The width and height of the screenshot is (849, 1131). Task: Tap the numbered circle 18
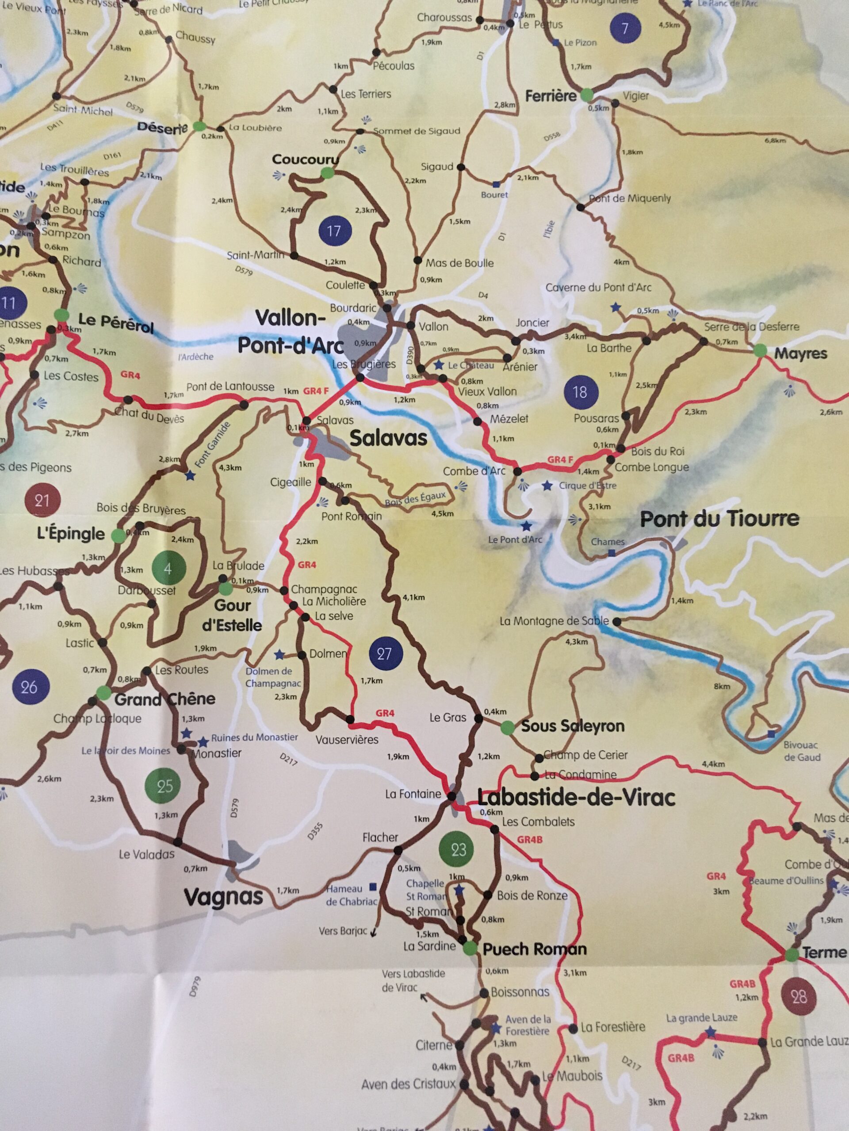click(579, 392)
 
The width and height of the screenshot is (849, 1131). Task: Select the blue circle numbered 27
click(384, 654)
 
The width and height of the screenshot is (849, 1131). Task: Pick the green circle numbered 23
click(458, 849)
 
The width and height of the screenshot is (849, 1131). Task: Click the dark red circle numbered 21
click(42, 500)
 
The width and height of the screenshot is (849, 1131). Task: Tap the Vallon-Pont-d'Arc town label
click(291, 332)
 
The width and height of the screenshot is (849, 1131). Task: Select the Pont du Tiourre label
click(719, 519)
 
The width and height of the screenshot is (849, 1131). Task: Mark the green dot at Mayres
click(760, 351)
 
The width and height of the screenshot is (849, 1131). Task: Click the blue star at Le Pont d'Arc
click(527, 526)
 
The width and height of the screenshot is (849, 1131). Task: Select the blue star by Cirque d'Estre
click(547, 485)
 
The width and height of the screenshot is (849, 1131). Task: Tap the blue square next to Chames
click(612, 553)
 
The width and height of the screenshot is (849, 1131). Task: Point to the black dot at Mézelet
click(478, 422)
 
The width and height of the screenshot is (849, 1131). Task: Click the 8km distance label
click(722, 686)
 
